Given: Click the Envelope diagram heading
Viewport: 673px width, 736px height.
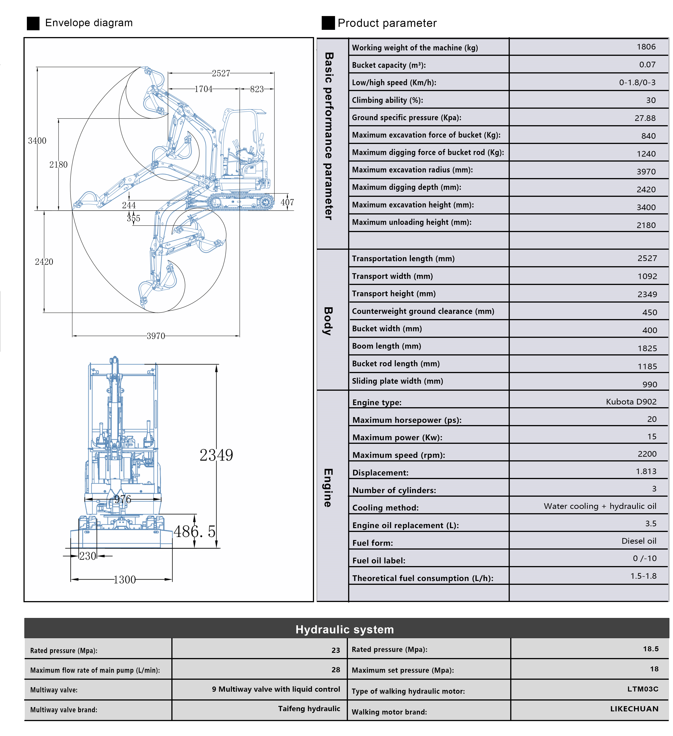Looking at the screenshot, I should (x=89, y=23).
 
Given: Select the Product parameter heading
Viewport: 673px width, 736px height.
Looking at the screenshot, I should (x=387, y=23).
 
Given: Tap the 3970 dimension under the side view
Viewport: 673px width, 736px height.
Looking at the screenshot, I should (x=156, y=336).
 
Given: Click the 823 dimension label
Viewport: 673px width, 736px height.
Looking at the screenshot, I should (x=257, y=89).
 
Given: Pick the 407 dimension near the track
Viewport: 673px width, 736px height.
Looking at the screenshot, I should (x=287, y=202).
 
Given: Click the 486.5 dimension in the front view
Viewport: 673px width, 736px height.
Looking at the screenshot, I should (x=194, y=531).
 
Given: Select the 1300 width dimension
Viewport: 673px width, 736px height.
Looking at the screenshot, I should (x=124, y=580).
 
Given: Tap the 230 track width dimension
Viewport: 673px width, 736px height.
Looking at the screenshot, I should (x=88, y=556).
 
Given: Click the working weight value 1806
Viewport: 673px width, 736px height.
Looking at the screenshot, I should (x=646, y=47).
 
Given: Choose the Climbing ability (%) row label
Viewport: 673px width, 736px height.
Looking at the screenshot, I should (x=387, y=100).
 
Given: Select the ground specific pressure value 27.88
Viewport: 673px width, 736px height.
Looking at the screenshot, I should (x=645, y=118).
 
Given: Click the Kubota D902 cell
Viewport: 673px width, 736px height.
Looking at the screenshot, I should (x=631, y=402).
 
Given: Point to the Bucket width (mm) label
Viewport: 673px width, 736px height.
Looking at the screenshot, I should (x=387, y=329).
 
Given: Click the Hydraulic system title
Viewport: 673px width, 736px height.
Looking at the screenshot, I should (x=344, y=629).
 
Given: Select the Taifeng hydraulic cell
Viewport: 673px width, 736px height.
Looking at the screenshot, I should (x=309, y=709).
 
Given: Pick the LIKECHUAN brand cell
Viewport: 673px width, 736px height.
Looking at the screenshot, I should (x=634, y=709).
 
